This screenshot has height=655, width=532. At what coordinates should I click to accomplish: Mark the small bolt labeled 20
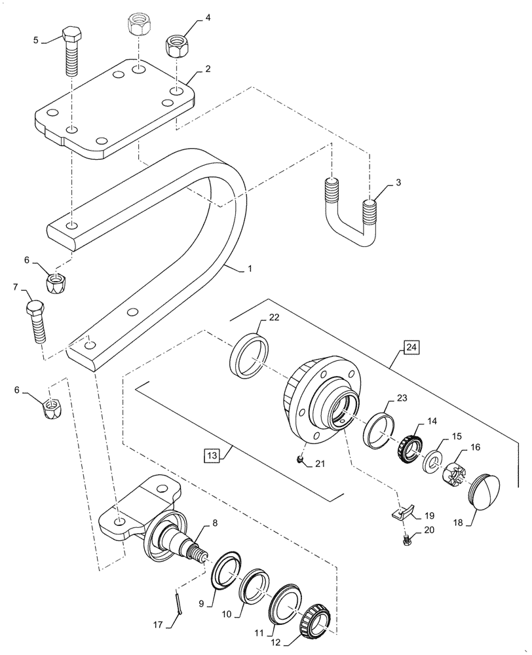click(x=407, y=540)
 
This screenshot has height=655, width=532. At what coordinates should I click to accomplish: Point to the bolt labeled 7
click(x=37, y=320)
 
